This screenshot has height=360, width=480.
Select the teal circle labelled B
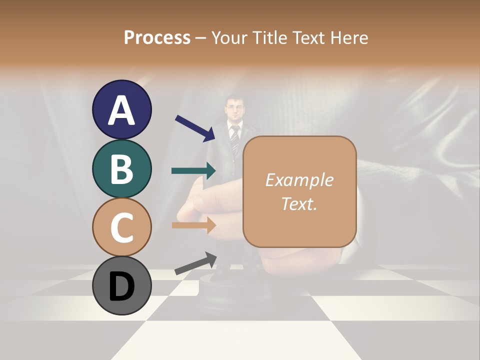click(122, 169)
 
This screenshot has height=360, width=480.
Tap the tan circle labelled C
click(122, 227)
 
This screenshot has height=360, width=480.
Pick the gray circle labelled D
click(122, 285)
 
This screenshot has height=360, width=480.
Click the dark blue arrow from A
click(195, 127)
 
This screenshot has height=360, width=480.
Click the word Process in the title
click(157, 37)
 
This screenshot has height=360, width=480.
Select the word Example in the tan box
click(299, 180)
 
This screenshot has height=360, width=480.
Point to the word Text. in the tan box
click(299, 203)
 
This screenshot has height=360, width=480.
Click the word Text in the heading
click(309, 37)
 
